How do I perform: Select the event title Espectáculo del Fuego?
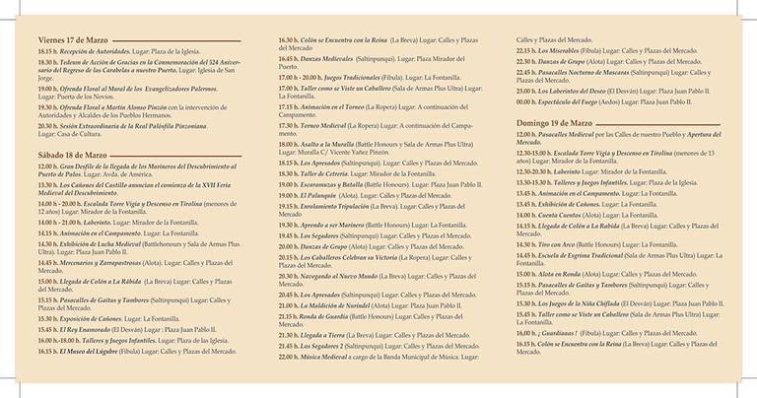point(579,101)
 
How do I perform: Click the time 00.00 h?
point(526,101)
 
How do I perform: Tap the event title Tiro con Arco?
point(558,241)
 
